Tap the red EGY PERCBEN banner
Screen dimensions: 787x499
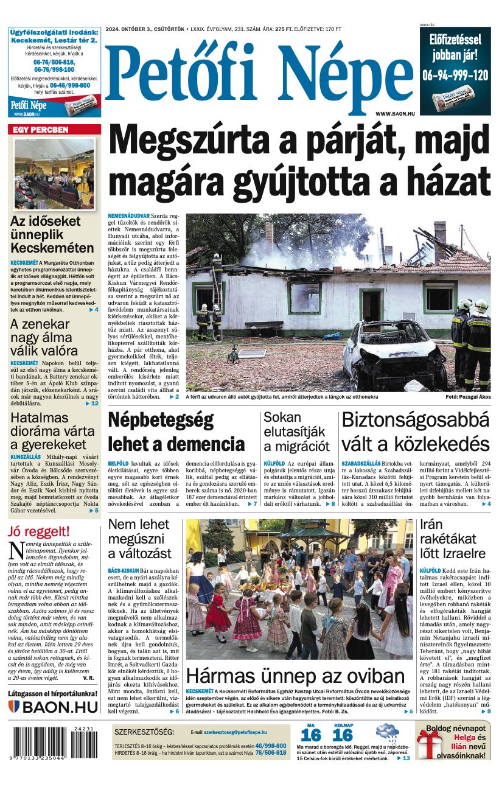pyautogui.click(x=54, y=130)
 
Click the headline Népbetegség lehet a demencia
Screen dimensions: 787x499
pyautogui.click(x=176, y=432)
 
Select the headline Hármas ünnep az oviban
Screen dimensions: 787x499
pyautogui.click(x=295, y=676)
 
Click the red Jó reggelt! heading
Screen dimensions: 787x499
pyautogui.click(x=38, y=531)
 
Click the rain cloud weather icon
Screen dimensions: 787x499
pyautogui.click(x=387, y=733)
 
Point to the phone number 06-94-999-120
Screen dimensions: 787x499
pyautogui.click(x=455, y=75)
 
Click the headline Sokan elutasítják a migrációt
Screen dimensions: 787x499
pyautogui.click(x=297, y=432)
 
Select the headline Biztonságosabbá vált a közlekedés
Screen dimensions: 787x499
pyautogui.click(x=416, y=432)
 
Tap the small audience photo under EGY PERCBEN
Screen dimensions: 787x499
pyautogui.click(x=54, y=174)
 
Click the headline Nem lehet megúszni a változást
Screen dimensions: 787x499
pyautogui.click(x=139, y=539)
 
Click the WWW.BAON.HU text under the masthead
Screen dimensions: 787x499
pyautogui.click(x=395, y=114)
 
